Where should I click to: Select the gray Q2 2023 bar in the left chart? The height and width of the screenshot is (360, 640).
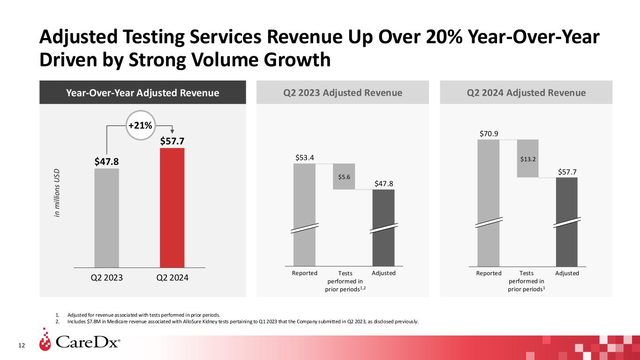(x=106, y=218)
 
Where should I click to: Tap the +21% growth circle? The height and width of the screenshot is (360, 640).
(x=141, y=126)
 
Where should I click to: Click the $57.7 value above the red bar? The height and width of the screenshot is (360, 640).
(x=172, y=141)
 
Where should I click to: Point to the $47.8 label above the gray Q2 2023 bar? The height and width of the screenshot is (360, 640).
(x=106, y=161)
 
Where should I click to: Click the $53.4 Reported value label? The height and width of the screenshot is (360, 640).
(x=304, y=156)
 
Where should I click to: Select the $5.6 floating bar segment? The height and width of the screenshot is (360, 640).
(x=344, y=176)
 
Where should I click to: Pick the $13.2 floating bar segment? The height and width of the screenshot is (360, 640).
(x=527, y=158)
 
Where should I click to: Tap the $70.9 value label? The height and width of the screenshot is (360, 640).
(x=489, y=134)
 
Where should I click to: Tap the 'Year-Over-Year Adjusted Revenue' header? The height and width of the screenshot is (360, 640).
(x=142, y=93)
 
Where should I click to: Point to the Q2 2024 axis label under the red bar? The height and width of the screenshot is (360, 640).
(x=172, y=277)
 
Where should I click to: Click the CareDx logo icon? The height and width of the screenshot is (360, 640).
(x=45, y=343)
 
